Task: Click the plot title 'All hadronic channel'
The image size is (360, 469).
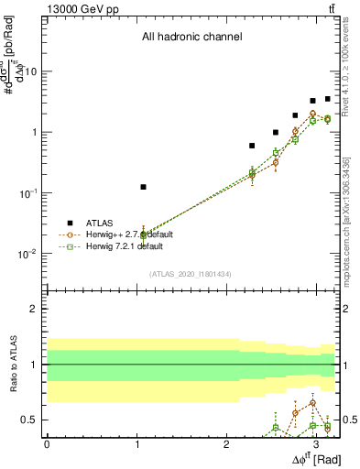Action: click(x=191, y=38)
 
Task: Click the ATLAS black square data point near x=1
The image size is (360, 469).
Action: click(x=143, y=187)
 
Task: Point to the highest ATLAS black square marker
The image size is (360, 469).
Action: click(x=327, y=99)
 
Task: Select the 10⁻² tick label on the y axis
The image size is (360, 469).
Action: click(x=27, y=254)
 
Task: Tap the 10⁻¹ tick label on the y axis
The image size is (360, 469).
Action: click(x=27, y=193)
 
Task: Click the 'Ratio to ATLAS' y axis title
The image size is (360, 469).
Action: click(x=13, y=366)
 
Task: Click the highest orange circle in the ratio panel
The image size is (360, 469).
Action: click(x=312, y=402)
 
